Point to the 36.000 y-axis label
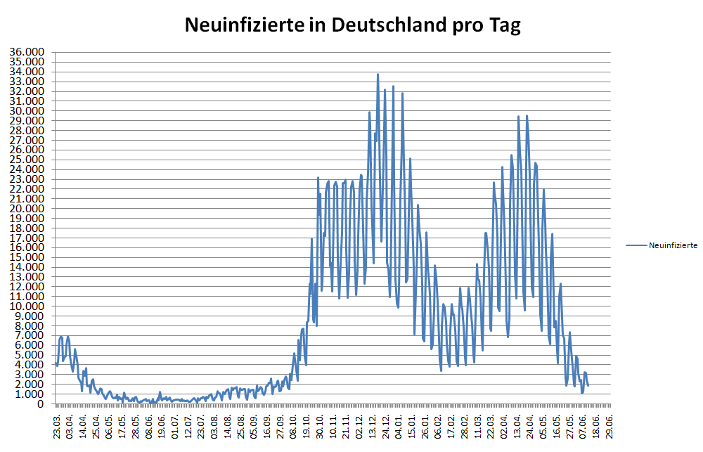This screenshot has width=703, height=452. point(26,53)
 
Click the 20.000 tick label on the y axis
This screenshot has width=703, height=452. point(26,209)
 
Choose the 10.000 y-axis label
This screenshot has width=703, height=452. point(26,306)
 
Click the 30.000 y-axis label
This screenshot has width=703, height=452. point(26,111)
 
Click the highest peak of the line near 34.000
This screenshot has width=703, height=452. point(378,74)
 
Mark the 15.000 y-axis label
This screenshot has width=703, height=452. point(26,257)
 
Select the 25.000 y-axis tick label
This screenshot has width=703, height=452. point(26,160)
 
